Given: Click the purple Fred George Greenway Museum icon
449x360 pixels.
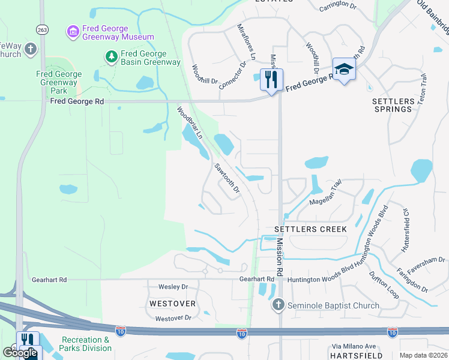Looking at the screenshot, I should coord(73,31).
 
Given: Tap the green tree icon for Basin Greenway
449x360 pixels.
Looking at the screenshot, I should coord(111,56).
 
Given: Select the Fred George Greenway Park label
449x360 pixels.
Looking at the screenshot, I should coord(59,83).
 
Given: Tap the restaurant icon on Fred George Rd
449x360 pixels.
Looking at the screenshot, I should coord(271,79).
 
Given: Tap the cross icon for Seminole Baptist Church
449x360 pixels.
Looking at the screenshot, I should coord(278,305).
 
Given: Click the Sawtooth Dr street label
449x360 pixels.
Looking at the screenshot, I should coord(228,179).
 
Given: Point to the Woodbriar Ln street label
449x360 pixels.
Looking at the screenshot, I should coord(189,123).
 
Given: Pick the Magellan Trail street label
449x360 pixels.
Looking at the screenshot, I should coord(325,199).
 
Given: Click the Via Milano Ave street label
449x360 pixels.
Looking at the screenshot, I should coord(354,346).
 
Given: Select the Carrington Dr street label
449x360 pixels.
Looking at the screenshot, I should coord(337,7).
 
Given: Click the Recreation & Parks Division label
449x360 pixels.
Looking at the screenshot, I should coord(85,344).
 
